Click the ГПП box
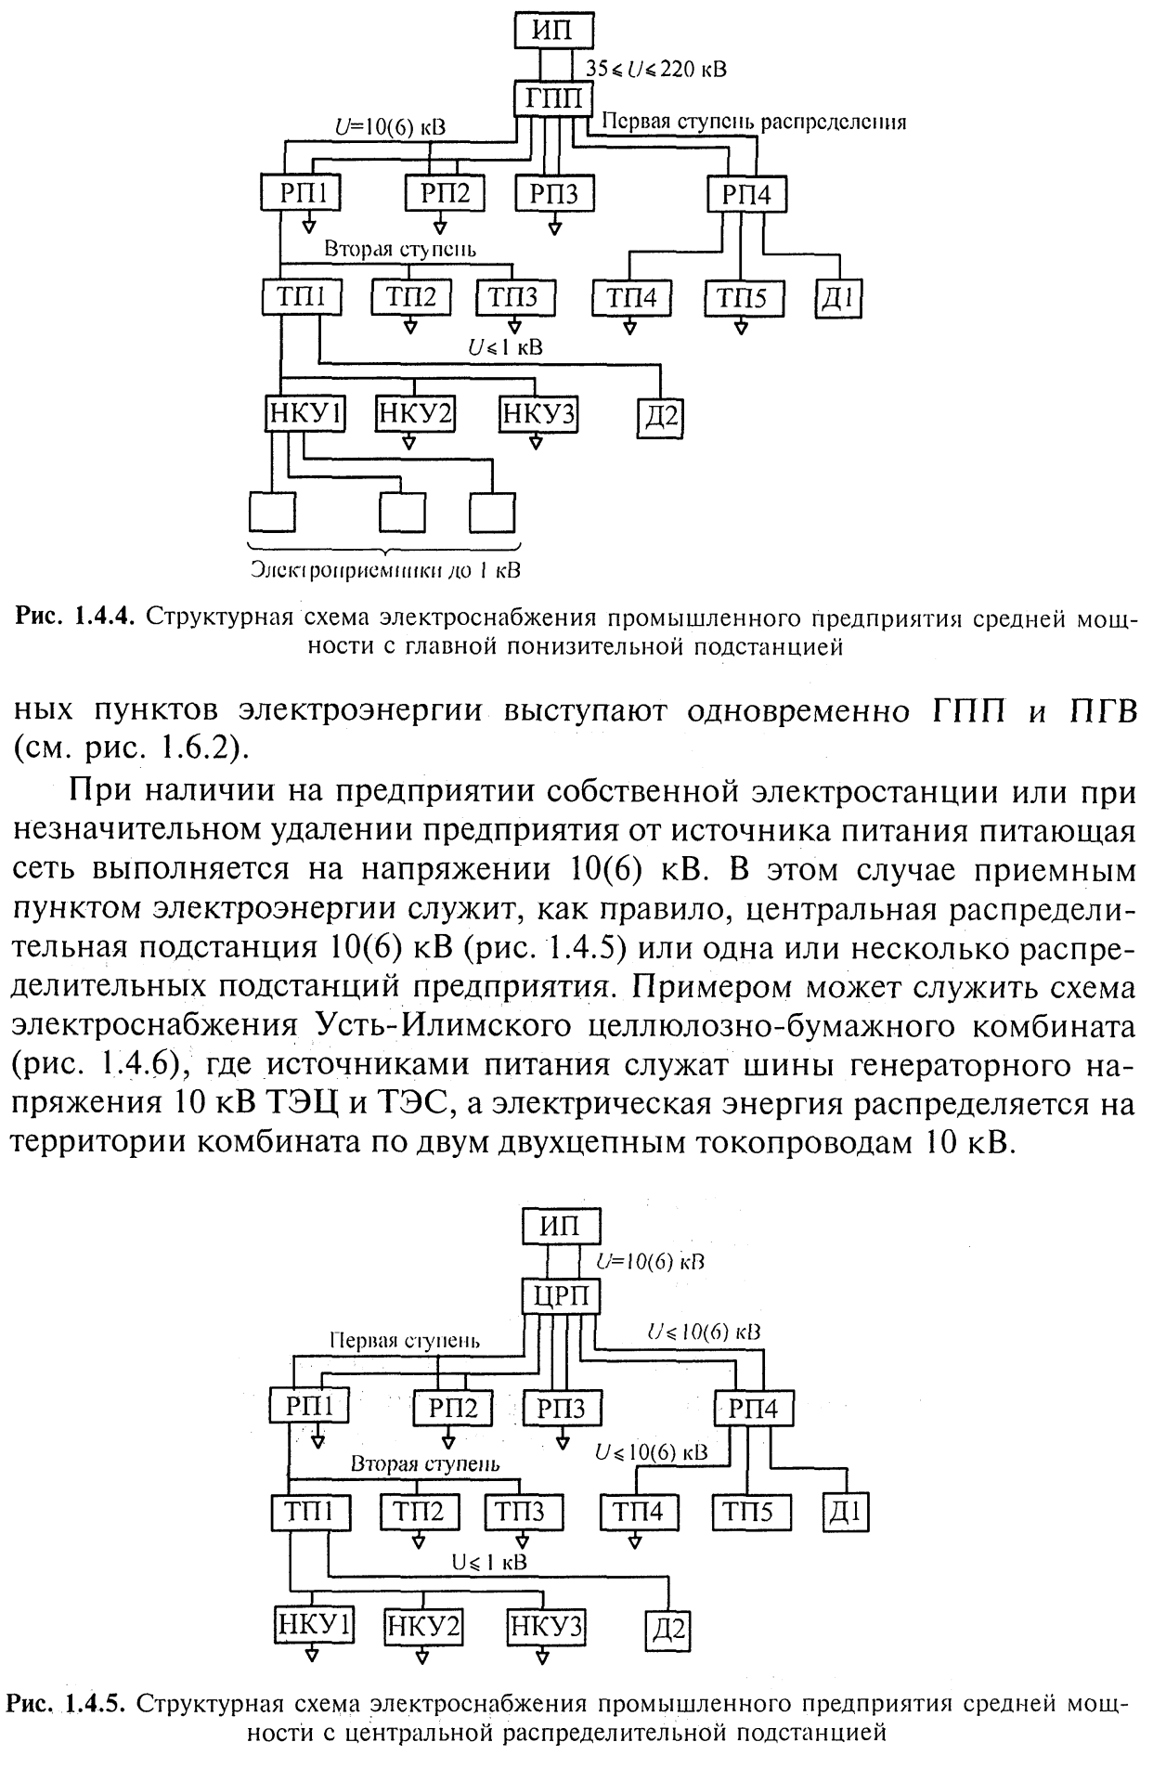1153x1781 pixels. coord(553,99)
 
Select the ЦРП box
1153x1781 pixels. coord(560,1295)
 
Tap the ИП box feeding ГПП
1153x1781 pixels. coord(552,31)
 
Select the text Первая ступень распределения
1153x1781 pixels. coord(753,121)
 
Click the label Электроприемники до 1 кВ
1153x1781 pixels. coord(384,569)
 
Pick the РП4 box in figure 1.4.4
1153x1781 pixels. coord(746,194)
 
